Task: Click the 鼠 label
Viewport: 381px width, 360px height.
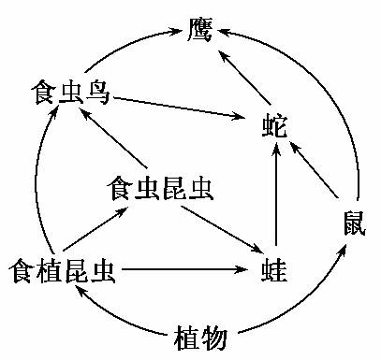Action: coord(355,223)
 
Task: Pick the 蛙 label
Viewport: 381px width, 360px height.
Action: coord(273,271)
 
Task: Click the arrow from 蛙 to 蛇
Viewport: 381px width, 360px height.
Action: coord(275,200)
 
